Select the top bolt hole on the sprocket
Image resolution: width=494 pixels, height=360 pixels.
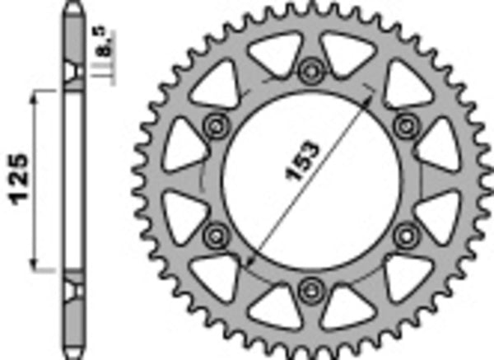311,68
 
